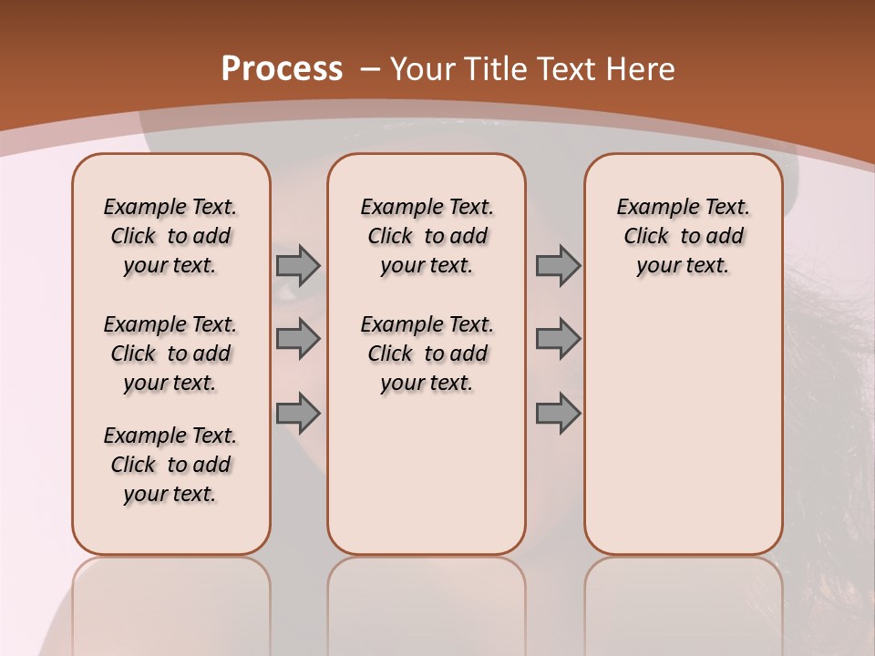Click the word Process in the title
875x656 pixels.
tap(282, 69)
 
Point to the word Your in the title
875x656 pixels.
tap(424, 69)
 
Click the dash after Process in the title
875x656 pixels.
tap(370, 69)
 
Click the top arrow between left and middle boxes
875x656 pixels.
tap(298, 265)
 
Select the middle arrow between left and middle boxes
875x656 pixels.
tap(298, 339)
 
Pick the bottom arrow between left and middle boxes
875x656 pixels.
tap(298, 414)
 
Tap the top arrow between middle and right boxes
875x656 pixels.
tap(558, 265)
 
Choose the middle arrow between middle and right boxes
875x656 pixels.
tap(558, 339)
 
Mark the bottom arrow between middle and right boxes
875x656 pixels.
tap(558, 414)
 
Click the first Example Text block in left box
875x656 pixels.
tap(170, 236)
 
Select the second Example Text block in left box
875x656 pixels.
tap(170, 354)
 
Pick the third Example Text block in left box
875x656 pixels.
tap(170, 465)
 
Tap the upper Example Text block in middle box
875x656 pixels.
tap(427, 236)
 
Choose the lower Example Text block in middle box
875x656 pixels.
tap(427, 354)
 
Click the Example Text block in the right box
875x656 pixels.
tap(683, 236)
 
